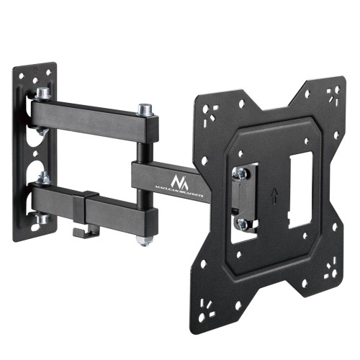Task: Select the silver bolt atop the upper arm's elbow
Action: (x=145, y=110)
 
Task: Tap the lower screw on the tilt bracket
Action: (x=243, y=224)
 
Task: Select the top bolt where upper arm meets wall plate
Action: (x=42, y=94)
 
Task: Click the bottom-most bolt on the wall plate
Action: (x=42, y=218)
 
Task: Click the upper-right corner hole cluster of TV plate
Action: (x=333, y=94)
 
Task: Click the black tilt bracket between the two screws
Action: (x=240, y=198)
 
